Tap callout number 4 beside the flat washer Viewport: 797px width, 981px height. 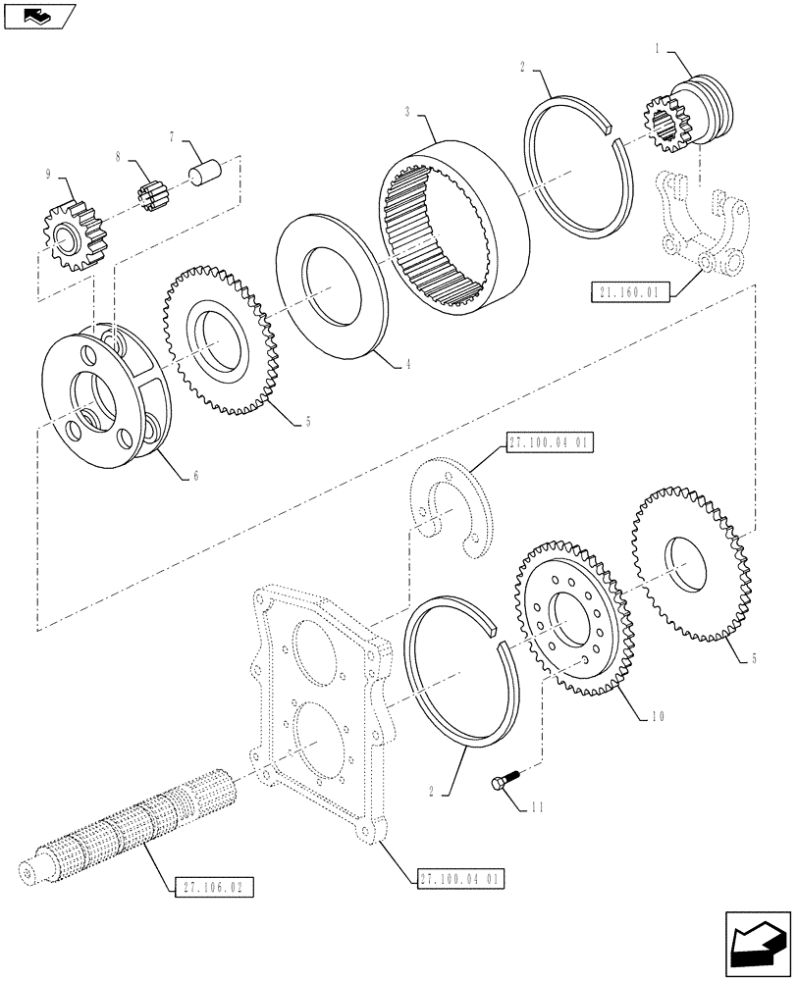[x=407, y=364]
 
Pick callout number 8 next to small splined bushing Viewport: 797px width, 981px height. [x=119, y=156]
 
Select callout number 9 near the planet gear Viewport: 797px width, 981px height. [x=48, y=178]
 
